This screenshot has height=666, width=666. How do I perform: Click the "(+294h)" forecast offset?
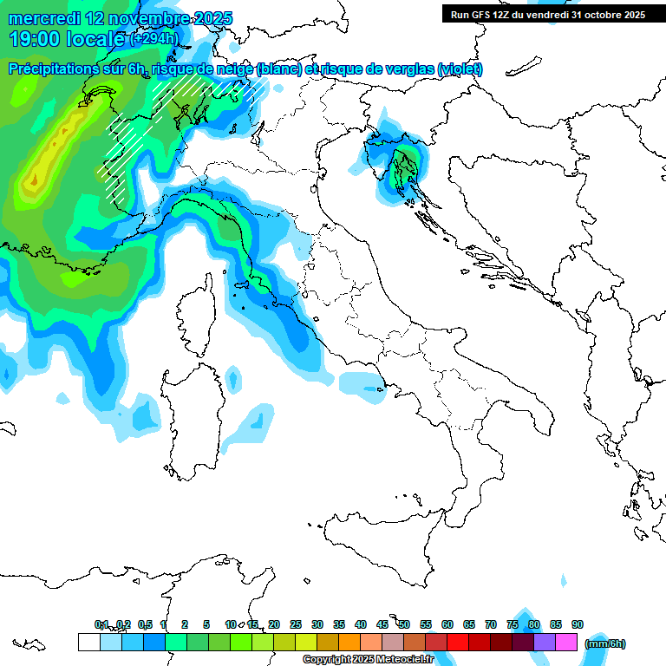click(x=155, y=39)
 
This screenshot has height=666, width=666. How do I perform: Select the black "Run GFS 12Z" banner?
click(x=547, y=15)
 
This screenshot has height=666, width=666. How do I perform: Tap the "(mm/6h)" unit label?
click(x=604, y=643)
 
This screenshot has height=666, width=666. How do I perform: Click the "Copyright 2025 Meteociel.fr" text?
click(x=368, y=660)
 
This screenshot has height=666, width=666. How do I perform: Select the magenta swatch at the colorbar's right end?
click(x=566, y=642)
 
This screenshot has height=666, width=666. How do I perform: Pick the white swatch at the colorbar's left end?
click(x=88, y=642)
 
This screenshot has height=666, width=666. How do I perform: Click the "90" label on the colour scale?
click(x=578, y=624)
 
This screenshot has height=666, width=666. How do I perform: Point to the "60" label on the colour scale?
click(x=447, y=624)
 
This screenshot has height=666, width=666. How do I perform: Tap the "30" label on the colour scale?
click(x=317, y=624)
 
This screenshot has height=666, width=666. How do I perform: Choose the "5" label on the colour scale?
click(x=206, y=624)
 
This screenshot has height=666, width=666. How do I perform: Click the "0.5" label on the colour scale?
click(x=145, y=624)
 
